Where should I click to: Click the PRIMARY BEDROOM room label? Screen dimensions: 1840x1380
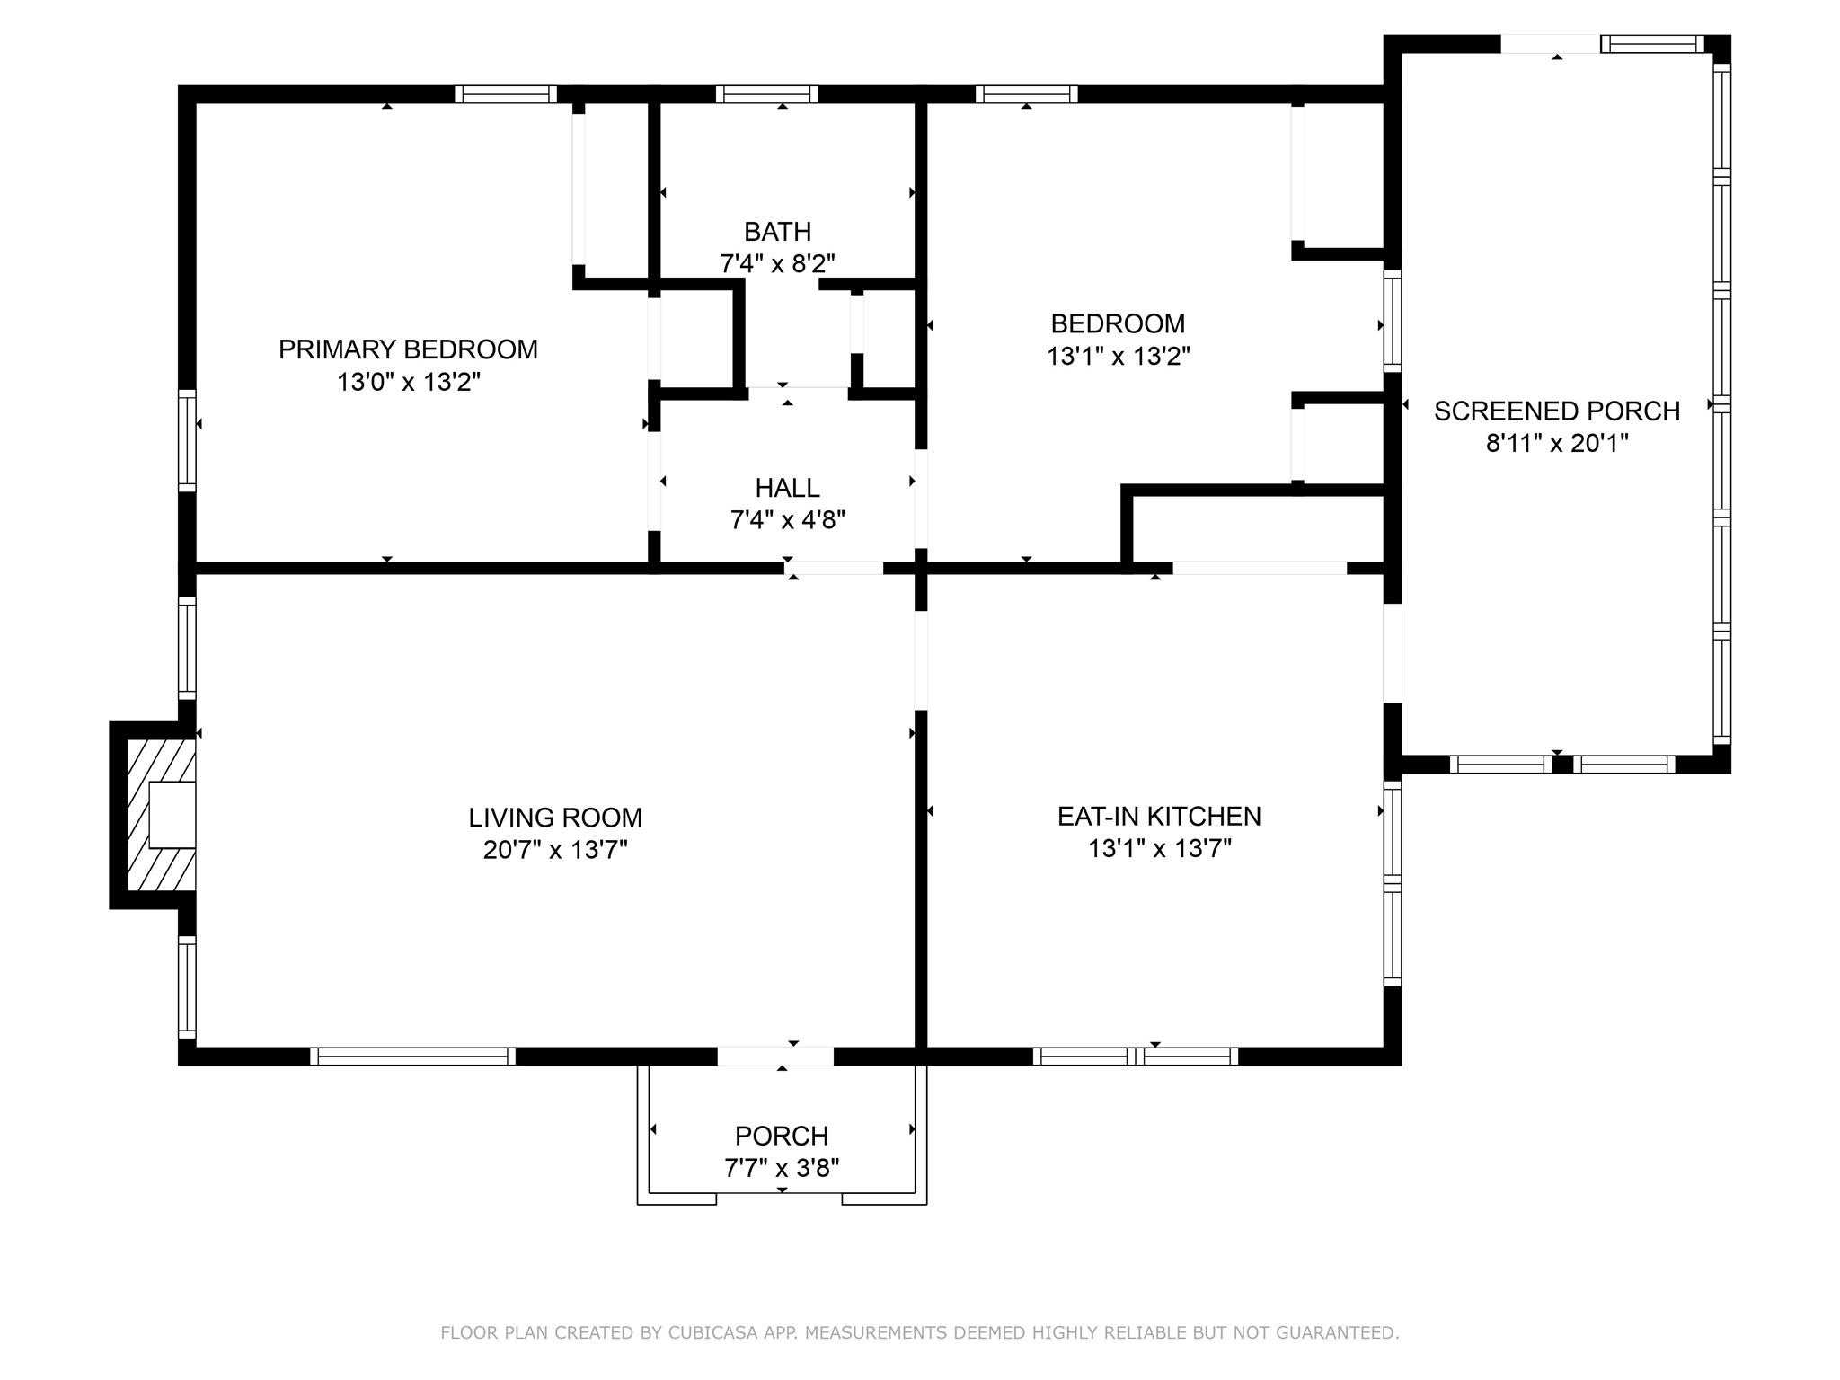(x=408, y=349)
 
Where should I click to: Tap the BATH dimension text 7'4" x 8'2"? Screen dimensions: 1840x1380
(x=778, y=264)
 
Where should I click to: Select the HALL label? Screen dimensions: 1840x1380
(x=787, y=488)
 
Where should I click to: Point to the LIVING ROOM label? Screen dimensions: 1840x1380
(x=555, y=818)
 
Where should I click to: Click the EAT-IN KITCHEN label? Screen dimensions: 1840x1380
(x=1159, y=816)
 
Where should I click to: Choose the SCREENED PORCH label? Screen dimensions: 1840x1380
(x=1557, y=411)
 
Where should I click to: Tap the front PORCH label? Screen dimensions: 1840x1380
(x=782, y=1136)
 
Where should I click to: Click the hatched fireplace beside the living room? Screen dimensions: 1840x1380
(x=161, y=815)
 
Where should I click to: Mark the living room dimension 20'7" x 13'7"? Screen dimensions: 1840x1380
(x=555, y=850)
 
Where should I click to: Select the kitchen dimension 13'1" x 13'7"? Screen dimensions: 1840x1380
(x=1159, y=848)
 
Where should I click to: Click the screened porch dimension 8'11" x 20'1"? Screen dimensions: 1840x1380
(x=1557, y=443)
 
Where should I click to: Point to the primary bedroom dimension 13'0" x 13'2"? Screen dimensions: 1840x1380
(x=408, y=382)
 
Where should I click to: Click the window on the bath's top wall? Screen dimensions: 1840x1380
(x=767, y=94)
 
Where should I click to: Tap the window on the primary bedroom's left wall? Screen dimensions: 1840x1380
(x=187, y=440)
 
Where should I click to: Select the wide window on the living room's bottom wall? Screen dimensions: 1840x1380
(x=413, y=1057)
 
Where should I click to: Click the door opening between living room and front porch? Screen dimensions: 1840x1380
(x=775, y=1057)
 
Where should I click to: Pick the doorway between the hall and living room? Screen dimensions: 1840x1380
(x=834, y=568)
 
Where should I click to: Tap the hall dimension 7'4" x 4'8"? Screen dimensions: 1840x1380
(x=787, y=520)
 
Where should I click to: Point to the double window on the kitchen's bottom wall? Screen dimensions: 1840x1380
(x=1136, y=1057)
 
